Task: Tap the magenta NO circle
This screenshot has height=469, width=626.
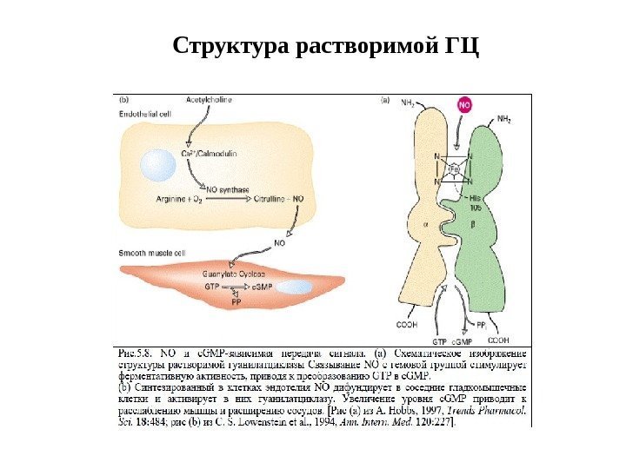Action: [x=464, y=104]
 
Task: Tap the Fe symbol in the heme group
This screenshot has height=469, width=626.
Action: [x=452, y=169]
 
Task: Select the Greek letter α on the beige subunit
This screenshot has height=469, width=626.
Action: [x=426, y=222]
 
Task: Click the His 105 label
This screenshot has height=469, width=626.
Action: [x=498, y=203]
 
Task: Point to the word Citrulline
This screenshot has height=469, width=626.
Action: [x=268, y=199]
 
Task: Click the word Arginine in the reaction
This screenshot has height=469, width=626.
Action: [x=171, y=199]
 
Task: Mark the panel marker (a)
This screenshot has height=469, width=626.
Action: [x=385, y=101]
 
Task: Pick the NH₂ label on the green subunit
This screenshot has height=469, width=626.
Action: [x=503, y=119]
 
